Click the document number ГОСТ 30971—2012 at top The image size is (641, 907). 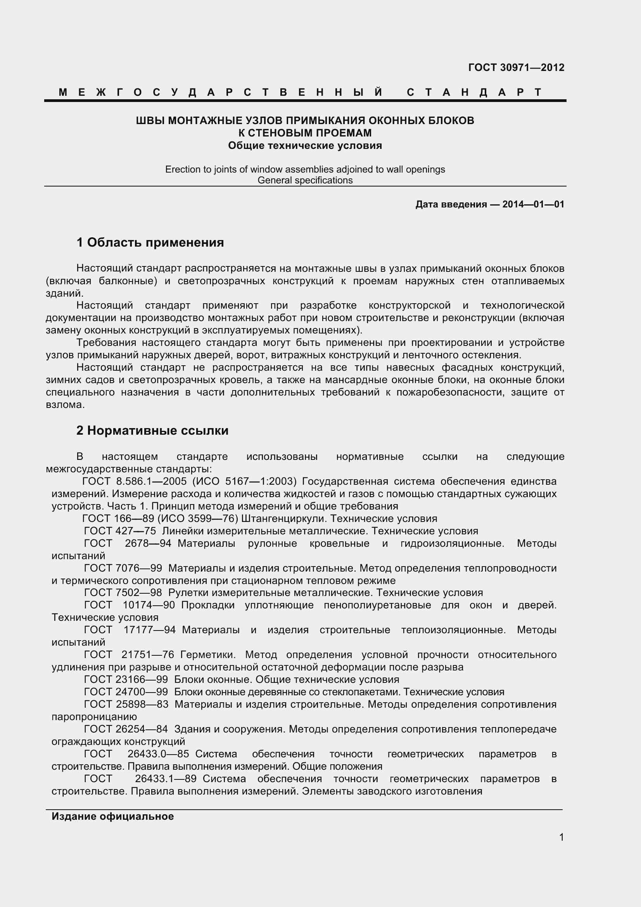(x=516, y=67)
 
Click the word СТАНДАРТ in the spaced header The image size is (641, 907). (x=474, y=92)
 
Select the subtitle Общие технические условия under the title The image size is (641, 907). (x=305, y=146)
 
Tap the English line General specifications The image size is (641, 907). (x=305, y=181)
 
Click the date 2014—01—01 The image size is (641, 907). (x=533, y=204)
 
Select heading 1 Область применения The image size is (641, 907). (x=150, y=242)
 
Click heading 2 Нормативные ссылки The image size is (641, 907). (x=152, y=430)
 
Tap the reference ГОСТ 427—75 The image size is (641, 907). (x=120, y=531)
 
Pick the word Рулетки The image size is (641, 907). (x=188, y=593)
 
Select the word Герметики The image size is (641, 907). (x=208, y=655)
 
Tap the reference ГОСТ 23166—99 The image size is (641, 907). (x=126, y=679)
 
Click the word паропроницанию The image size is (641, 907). (x=94, y=717)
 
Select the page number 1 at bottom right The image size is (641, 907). (x=561, y=837)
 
